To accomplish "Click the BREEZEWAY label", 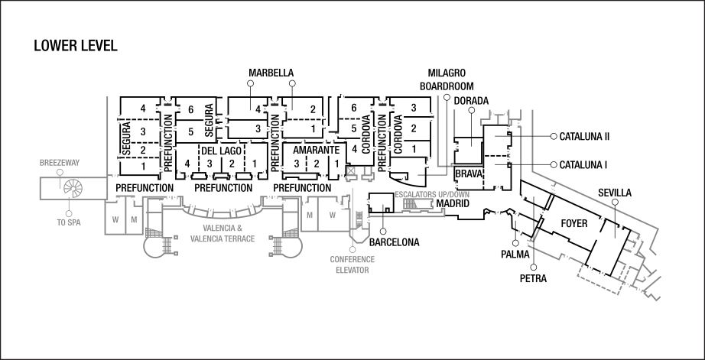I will point(60,163).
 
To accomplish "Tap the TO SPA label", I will point(69,222).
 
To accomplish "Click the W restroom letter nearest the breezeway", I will point(115,220).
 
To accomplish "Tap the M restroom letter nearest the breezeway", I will point(133,220).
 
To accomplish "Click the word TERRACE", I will point(240,239).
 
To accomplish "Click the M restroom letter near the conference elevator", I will point(310,215).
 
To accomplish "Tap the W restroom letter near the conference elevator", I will point(332,215).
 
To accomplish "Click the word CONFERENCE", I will point(352,260).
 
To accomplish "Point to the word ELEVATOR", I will point(352,271).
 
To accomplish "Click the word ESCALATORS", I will point(416,195).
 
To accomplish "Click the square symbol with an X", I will point(351,170).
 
